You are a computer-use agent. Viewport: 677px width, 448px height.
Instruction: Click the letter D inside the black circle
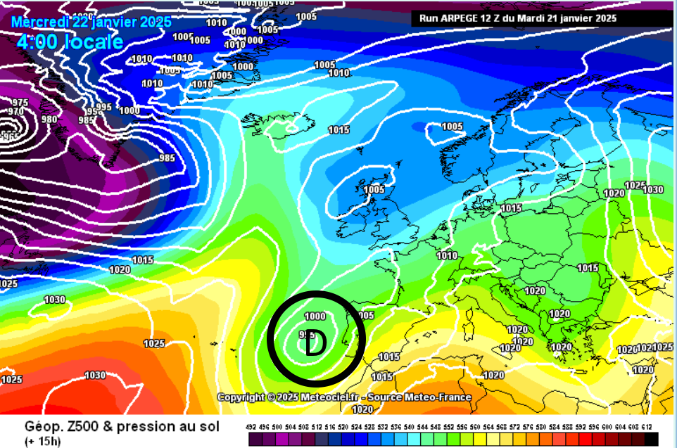point(316,343)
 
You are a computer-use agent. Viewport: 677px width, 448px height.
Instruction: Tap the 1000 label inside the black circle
point(315,317)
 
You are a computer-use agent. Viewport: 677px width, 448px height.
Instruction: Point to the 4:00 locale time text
point(70,41)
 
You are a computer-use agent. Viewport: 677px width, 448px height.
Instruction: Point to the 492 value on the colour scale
point(251,428)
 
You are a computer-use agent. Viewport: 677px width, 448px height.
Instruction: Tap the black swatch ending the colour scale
point(652,440)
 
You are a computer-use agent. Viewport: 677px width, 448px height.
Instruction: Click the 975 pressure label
point(20,103)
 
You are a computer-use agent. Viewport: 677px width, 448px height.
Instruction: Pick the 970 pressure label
point(15,112)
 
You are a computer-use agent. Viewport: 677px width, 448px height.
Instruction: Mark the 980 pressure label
point(49,119)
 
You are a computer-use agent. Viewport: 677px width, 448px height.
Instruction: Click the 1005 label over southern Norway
point(452,127)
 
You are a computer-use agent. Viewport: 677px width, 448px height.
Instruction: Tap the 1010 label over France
point(447,256)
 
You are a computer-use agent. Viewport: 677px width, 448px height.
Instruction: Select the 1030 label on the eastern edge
point(653,189)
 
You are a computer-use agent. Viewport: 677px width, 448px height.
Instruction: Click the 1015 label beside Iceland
point(338,130)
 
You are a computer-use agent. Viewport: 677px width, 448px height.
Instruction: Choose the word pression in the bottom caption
point(149,426)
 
